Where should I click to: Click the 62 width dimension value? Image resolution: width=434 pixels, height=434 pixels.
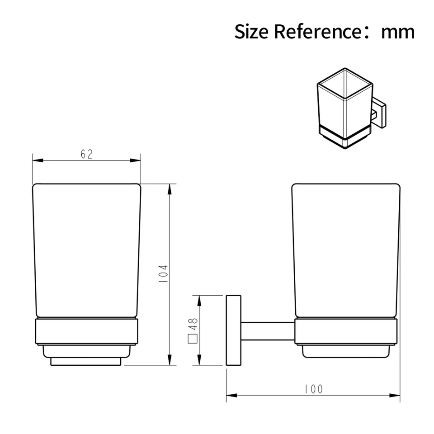coord(87,154)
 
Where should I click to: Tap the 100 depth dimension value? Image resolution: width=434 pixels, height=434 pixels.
coord(313,389)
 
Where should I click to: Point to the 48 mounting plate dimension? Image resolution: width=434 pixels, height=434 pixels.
coord(193,324)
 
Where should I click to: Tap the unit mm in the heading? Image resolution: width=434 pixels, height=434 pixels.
coord(398,32)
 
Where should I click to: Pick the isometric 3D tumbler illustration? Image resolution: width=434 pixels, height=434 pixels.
coord(346,108)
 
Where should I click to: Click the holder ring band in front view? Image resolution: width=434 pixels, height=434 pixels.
coord(86,332)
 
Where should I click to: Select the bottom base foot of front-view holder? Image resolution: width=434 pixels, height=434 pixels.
coord(86,362)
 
